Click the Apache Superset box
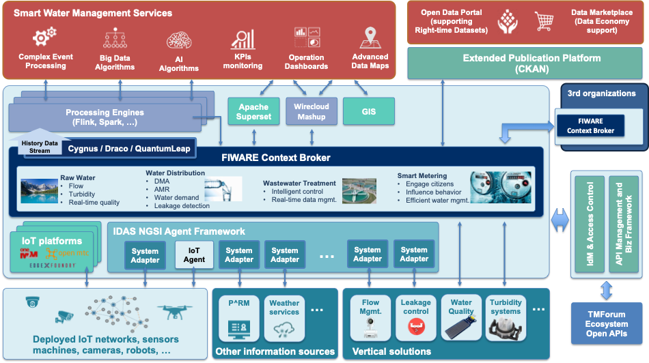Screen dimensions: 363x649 [253, 111]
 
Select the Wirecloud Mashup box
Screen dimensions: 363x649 [311, 111]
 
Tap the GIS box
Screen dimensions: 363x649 [368, 111]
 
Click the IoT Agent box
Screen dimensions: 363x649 [194, 255]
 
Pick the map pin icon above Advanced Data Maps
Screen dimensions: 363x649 [370, 38]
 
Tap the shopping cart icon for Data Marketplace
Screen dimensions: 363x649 [544, 23]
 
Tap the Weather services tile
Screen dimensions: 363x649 [284, 318]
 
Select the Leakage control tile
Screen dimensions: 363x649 [415, 318]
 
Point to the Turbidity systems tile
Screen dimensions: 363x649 [506, 318]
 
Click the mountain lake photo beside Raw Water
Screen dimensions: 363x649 [38, 191]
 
